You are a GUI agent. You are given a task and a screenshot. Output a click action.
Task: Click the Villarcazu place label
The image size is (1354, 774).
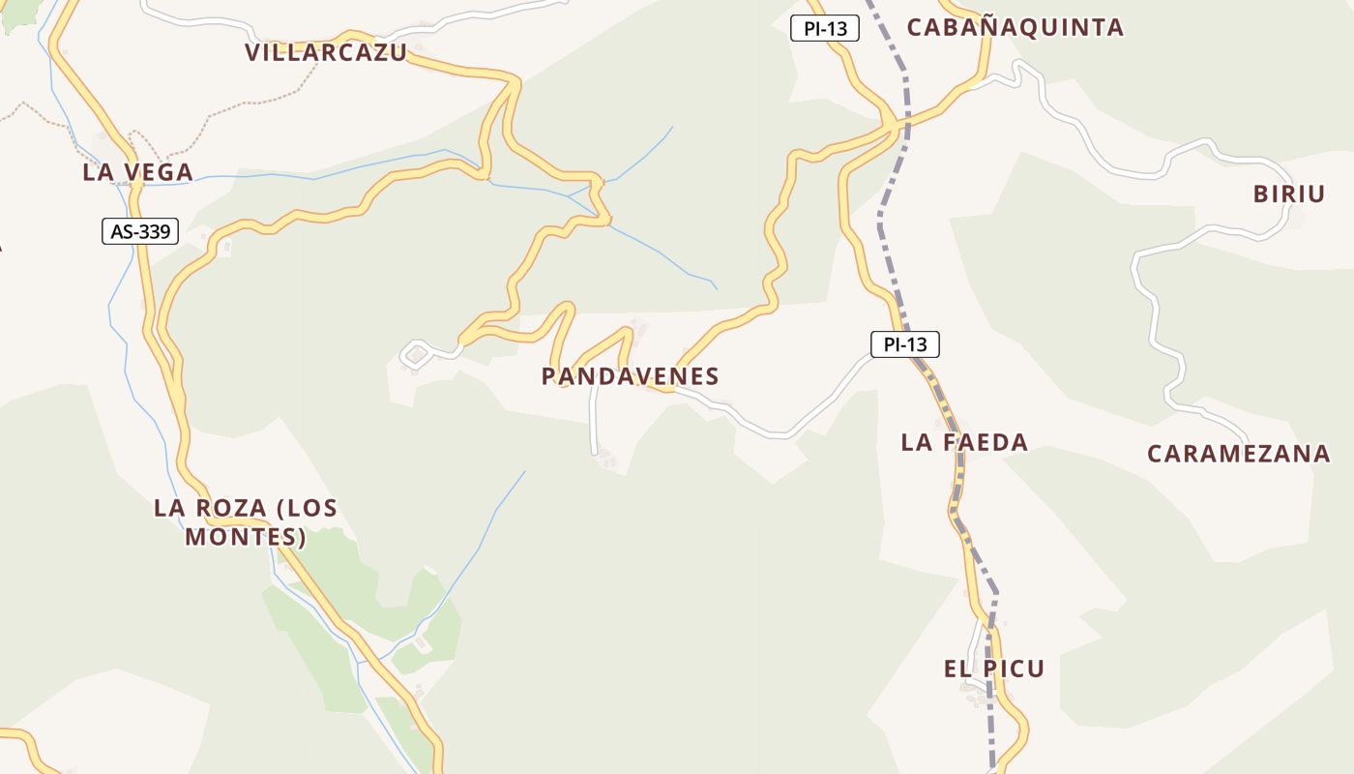(x=326, y=52)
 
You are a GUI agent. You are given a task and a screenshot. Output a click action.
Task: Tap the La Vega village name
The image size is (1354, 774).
(x=137, y=172)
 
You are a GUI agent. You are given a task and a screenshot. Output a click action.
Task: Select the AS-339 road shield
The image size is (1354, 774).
(x=140, y=231)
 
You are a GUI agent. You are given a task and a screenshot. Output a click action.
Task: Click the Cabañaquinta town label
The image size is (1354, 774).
(x=1015, y=27)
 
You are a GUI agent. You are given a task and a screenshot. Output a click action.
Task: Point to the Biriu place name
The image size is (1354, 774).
(x=1288, y=193)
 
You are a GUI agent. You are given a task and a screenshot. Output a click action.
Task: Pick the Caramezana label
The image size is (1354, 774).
(x=1238, y=453)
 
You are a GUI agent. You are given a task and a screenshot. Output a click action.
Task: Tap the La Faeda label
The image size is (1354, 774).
(x=964, y=442)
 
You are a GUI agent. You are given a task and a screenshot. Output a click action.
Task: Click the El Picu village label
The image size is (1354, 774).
(x=994, y=668)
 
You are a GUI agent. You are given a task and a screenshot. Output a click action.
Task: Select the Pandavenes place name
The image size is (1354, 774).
(x=630, y=376)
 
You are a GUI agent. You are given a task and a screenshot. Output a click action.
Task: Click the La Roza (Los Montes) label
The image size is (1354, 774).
(x=246, y=521)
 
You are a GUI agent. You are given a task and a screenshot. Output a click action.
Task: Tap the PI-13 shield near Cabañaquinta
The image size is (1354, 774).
(x=825, y=29)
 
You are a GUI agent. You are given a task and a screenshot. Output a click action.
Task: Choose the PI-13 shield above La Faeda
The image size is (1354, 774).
(x=904, y=343)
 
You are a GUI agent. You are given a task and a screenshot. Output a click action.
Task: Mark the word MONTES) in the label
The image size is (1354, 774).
(x=246, y=536)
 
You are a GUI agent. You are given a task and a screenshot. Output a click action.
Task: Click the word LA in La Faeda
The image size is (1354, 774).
(x=915, y=442)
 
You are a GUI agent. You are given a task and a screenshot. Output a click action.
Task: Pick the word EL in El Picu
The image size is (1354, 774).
(x=957, y=668)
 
